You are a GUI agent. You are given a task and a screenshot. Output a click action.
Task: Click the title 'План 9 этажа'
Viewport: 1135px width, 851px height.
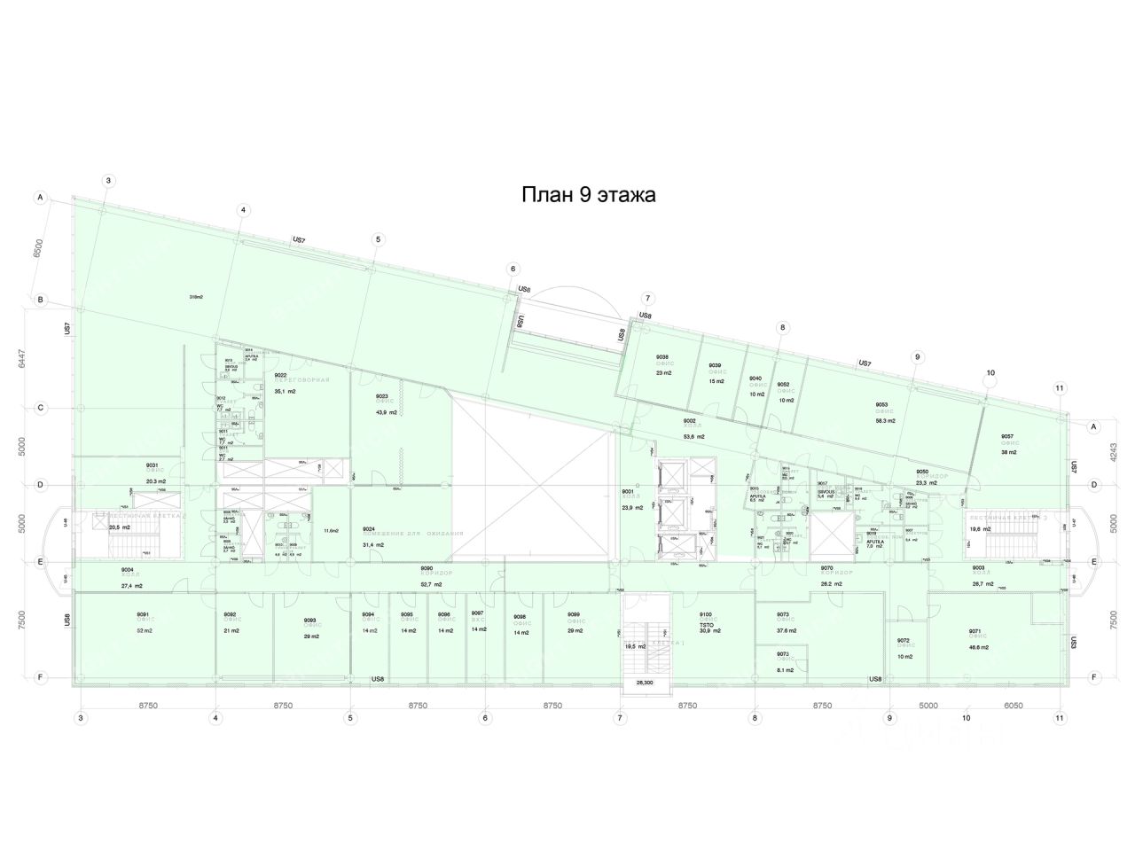[588, 195]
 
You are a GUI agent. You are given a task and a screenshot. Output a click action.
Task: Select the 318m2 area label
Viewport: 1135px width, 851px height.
[196, 297]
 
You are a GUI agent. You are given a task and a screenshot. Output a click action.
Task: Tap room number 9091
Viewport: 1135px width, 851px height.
[142, 614]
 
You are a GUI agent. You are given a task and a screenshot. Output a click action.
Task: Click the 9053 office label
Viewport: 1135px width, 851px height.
[882, 405]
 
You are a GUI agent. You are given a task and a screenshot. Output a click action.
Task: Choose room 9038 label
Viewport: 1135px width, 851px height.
[662, 357]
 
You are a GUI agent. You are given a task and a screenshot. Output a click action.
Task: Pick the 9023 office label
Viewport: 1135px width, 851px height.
[382, 396]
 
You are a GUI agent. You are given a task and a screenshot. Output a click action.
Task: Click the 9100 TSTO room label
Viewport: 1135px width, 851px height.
[707, 614]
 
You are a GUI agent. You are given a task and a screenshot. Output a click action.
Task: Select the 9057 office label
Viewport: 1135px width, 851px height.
[1007, 436]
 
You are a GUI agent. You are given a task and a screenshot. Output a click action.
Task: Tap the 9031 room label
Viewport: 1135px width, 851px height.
[153, 465]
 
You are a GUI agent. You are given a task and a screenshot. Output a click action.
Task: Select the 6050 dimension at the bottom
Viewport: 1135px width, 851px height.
[1014, 707]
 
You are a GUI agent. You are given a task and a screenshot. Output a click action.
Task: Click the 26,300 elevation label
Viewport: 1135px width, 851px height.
[646, 683]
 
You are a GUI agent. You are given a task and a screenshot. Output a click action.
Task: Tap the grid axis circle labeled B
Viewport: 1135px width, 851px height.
[40, 301]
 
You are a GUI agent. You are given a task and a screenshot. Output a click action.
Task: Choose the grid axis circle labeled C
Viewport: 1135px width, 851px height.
[40, 409]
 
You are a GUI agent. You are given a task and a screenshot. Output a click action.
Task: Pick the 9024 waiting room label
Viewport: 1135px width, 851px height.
[369, 529]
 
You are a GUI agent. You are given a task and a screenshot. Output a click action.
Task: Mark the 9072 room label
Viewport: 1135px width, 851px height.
[904, 640]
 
